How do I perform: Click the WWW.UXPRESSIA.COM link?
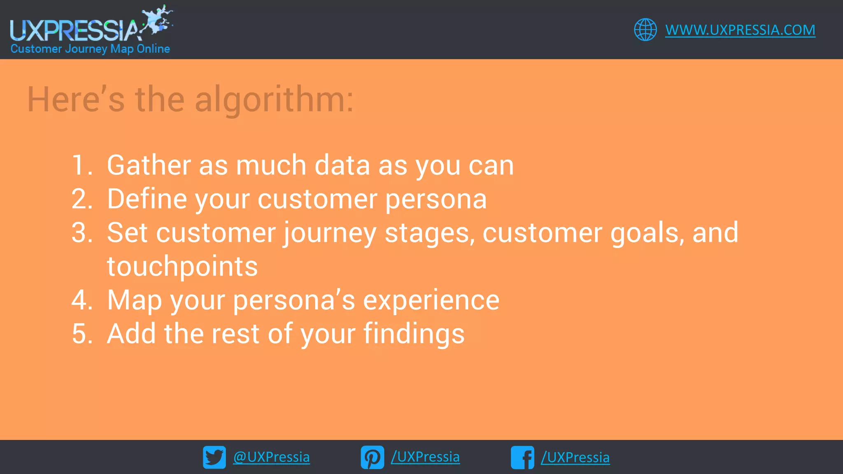tap(740, 30)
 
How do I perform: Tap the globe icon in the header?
tap(645, 30)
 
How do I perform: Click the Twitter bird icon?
tap(214, 457)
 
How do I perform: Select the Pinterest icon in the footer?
tap(372, 457)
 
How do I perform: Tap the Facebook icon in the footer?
tap(522, 457)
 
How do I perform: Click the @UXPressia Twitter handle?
tap(271, 457)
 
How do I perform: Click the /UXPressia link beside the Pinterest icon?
tap(425, 457)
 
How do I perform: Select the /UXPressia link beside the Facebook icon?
tap(575, 457)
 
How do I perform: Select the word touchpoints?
tap(182, 267)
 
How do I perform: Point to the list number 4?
tap(81, 300)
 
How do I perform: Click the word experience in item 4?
tap(431, 300)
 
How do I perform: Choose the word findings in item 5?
tap(414, 334)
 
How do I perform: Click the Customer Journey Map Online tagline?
tap(90, 49)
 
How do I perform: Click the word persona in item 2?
tap(435, 200)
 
